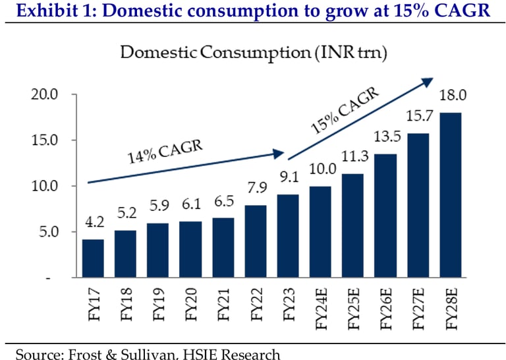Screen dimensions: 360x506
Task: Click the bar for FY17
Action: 93,258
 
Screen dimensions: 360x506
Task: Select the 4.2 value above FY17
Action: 93,223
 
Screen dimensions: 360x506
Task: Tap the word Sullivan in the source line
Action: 161,354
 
